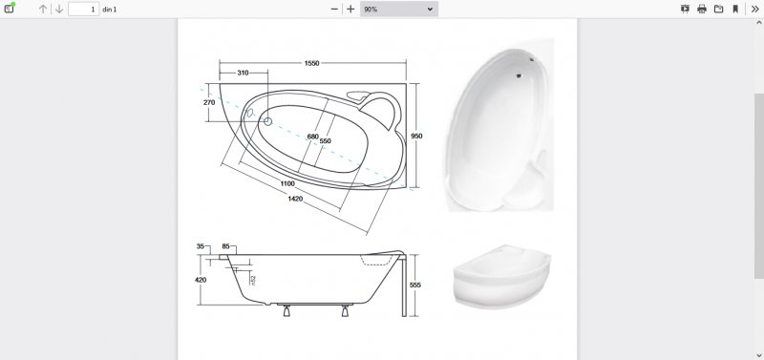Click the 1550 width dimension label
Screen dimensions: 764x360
(312, 63)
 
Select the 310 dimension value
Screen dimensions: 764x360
(243, 73)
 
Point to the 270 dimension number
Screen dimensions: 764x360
(209, 102)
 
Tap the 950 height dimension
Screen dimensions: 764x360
(416, 136)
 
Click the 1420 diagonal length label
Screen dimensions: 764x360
(295, 199)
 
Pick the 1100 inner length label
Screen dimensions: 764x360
(287, 183)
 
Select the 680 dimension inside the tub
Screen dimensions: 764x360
(313, 137)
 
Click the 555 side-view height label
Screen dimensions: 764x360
(415, 285)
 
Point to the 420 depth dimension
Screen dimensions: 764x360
(201, 280)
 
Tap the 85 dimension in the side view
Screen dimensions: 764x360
(225, 246)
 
